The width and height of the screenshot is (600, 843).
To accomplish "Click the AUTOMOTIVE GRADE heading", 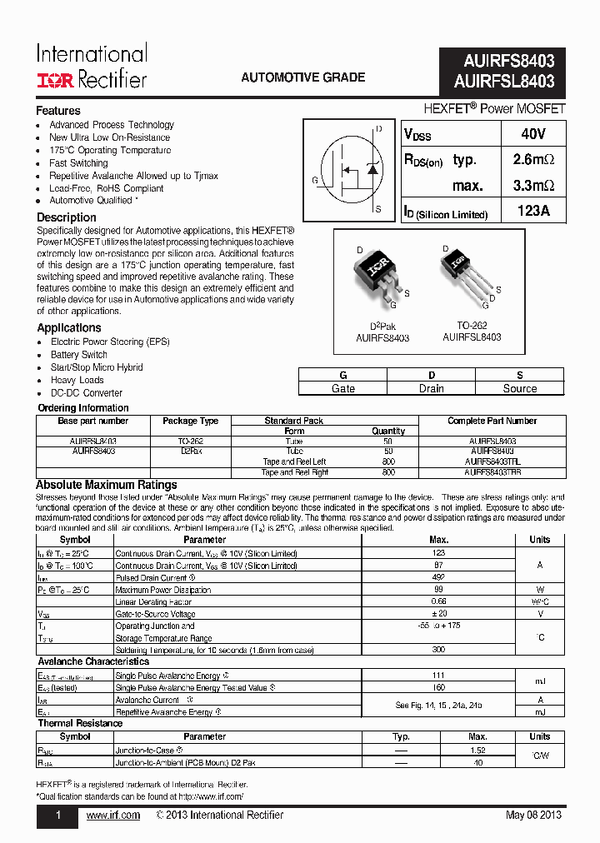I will (302, 77).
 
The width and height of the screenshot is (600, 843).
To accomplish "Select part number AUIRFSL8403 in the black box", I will (503, 82).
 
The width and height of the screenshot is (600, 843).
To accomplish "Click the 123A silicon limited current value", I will (533, 212).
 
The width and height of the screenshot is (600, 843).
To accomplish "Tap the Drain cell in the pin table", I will (431, 388).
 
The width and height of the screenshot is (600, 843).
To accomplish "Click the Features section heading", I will (58, 111).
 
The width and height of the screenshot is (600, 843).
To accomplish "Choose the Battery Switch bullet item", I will (79, 355).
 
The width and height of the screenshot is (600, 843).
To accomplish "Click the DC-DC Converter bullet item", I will (87, 393).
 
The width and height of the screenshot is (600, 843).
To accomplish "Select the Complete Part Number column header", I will (492, 421).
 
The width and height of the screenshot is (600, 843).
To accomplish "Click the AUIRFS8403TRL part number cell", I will (492, 461).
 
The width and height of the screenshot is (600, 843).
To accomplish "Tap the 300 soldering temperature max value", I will (438, 649).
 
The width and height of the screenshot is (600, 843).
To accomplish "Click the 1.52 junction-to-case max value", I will (477, 750).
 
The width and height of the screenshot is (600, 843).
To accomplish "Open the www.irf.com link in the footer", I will (113, 815).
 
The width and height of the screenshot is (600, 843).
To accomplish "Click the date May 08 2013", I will (533, 815).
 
